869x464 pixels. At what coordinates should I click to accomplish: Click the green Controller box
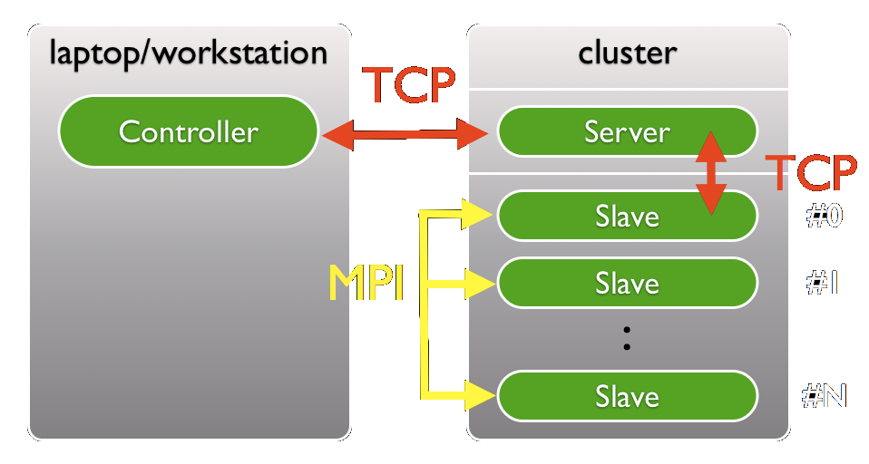(189, 132)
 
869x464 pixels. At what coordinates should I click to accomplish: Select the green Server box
(626, 132)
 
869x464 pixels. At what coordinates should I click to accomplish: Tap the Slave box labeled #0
(626, 217)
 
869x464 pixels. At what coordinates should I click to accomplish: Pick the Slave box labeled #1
(626, 284)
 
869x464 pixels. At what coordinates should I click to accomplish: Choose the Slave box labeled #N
(626, 397)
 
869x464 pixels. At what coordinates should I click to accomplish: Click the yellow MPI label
(366, 285)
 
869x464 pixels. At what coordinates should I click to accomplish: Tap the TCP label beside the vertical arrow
(810, 173)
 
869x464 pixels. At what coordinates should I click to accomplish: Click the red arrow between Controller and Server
(406, 136)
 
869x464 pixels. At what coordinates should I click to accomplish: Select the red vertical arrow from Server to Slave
(711, 172)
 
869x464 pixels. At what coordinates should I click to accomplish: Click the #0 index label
(825, 217)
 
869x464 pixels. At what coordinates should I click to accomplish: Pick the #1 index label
(822, 284)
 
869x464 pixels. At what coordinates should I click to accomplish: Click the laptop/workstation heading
(188, 52)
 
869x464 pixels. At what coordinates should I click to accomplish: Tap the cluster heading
(627, 52)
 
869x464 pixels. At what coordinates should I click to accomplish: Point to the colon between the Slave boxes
(626, 340)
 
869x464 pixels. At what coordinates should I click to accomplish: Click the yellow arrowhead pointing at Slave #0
(477, 216)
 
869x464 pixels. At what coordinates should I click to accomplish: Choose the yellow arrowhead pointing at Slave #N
(477, 394)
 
